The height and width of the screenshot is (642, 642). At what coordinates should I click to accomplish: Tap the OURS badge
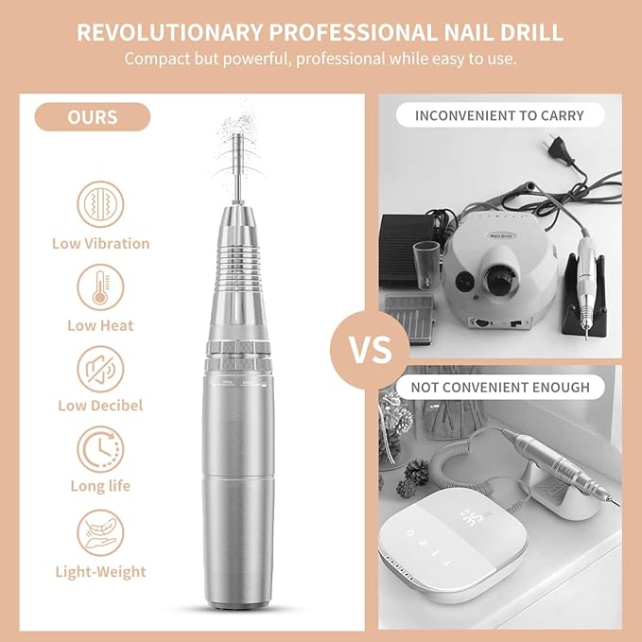[92, 117]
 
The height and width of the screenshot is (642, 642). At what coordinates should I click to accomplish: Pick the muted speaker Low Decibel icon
[99, 365]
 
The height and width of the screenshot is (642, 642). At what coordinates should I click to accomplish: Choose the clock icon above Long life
[99, 445]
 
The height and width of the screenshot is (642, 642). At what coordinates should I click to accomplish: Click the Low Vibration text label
[100, 243]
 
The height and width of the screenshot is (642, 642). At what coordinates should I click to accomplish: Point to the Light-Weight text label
[99, 571]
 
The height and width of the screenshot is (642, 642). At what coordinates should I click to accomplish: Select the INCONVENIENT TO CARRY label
[499, 115]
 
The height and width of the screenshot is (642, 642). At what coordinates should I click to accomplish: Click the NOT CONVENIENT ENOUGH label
[499, 387]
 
